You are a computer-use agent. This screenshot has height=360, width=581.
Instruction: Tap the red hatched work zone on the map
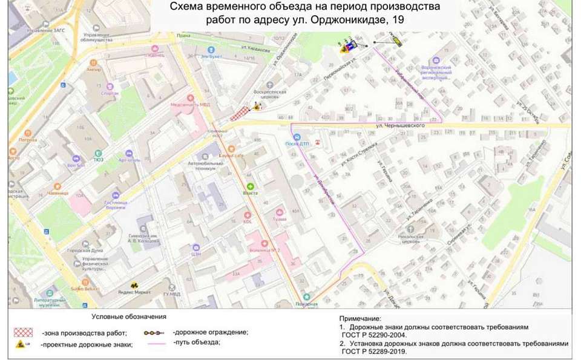[243, 111]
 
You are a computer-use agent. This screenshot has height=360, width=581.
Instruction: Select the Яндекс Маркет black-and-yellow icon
[134, 284]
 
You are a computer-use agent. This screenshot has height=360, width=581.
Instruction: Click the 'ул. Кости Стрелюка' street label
[359, 154]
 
